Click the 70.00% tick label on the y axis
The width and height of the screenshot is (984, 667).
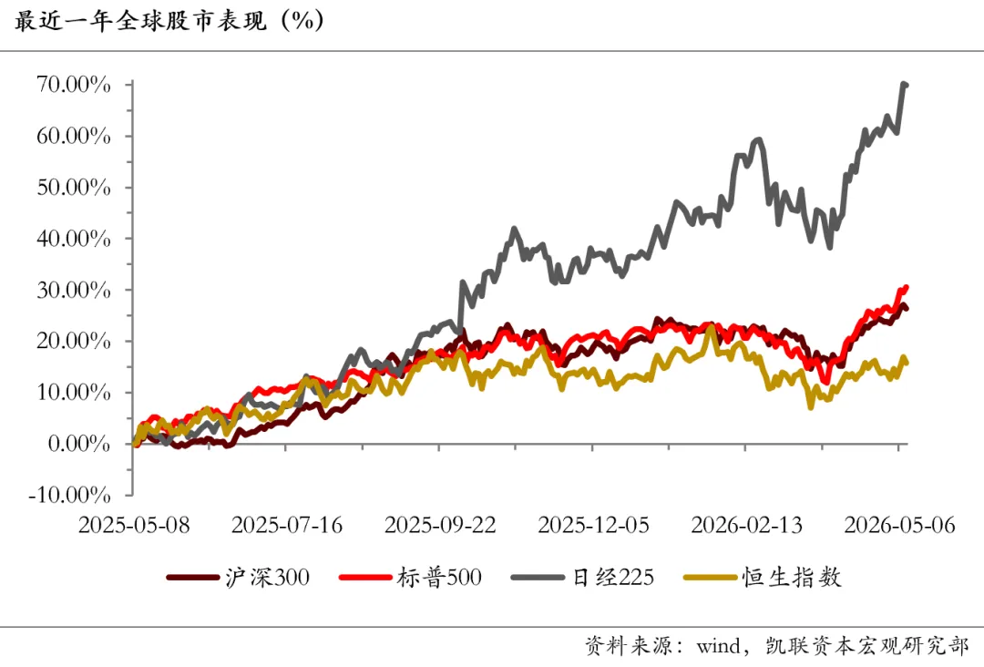pos(74,85)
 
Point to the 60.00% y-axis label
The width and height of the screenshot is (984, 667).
pos(74,136)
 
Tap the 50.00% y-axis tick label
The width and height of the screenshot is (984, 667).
pos(74,188)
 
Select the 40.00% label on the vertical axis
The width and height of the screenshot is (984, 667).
pos(74,239)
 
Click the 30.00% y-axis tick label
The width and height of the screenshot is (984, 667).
pos(74,291)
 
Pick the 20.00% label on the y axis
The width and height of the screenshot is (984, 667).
pos(74,342)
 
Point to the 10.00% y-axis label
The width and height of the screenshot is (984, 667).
pos(74,393)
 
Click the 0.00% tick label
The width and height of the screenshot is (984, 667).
pos(79,445)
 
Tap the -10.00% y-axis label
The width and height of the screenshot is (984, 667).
pos(69,496)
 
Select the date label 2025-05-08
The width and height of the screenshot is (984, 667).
pos(134,525)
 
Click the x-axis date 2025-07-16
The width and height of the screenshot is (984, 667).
pos(287,525)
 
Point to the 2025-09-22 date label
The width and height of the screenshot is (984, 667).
pos(440,525)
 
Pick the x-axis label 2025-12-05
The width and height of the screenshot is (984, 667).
pos(593,525)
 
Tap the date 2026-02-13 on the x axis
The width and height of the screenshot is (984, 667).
pos(747,525)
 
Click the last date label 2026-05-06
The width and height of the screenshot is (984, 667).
pos(900,525)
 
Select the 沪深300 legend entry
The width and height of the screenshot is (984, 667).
pos(239,578)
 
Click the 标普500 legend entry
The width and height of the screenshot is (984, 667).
pos(410,578)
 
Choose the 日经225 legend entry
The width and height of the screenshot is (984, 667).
pos(583,578)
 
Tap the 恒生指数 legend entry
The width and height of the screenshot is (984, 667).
pos(763,578)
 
